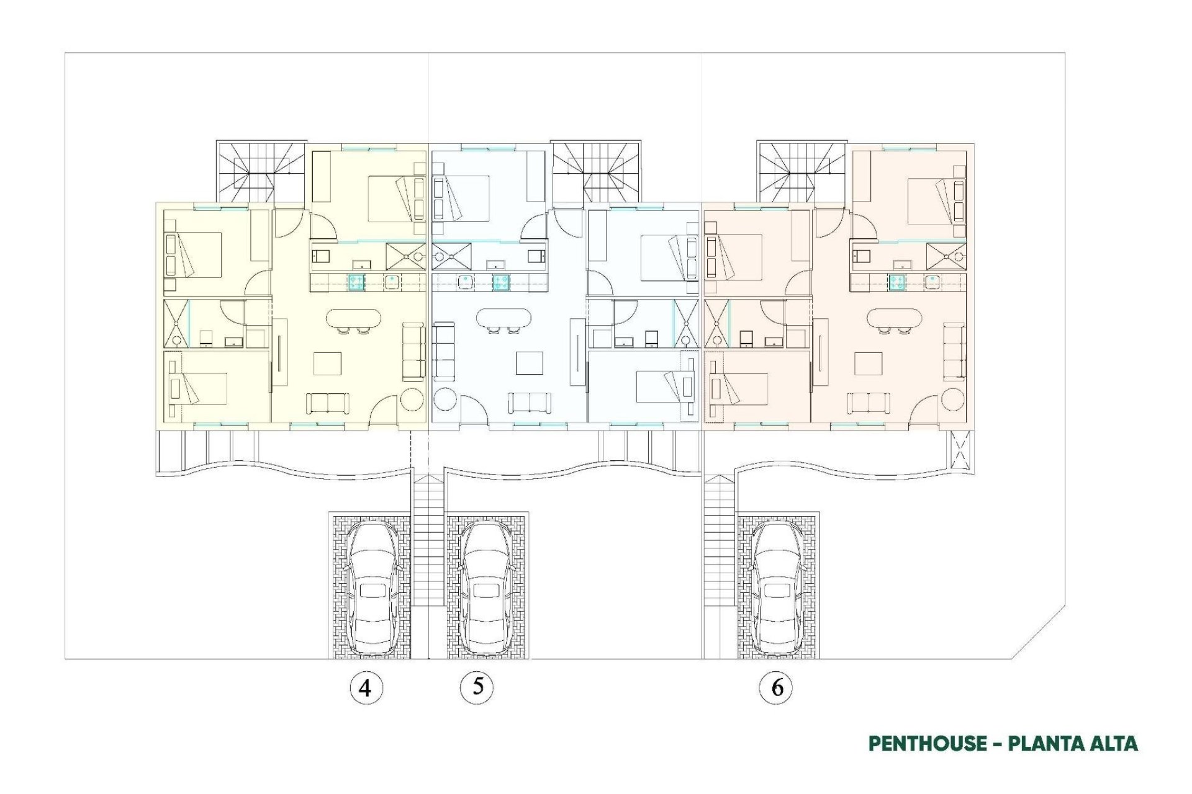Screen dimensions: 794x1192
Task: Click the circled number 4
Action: tap(366, 688)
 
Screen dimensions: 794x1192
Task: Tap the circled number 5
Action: tap(477, 687)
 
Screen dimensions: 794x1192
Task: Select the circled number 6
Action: tap(776, 687)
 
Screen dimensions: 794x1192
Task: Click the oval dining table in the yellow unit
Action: tap(354, 319)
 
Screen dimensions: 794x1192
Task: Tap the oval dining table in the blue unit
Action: tap(503, 319)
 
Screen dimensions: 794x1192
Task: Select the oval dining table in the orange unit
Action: tap(894, 319)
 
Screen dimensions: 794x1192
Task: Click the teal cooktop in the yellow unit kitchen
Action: tap(356, 282)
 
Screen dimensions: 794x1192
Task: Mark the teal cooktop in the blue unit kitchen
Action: tap(502, 282)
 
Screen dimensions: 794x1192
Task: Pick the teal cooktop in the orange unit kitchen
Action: tap(896, 282)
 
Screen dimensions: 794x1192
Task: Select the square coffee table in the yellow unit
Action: tap(327, 364)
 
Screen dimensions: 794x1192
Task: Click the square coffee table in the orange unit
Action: tap(867, 364)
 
